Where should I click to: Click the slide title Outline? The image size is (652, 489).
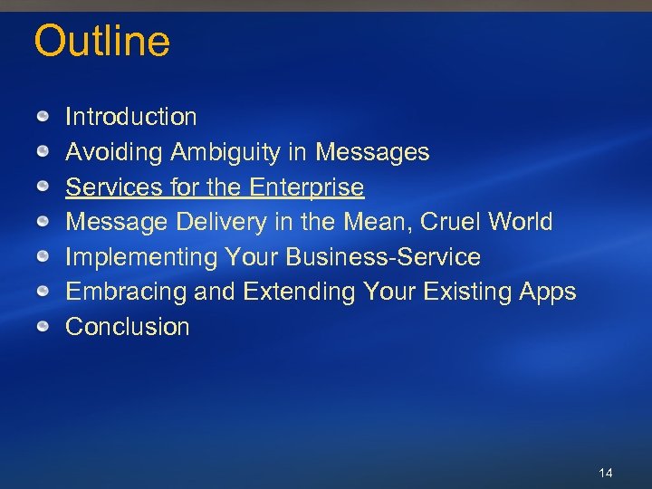(x=101, y=43)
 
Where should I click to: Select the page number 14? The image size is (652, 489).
(x=606, y=474)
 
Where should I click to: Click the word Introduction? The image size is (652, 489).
(x=130, y=117)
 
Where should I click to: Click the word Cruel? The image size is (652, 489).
(x=451, y=222)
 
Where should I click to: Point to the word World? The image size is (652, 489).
(x=520, y=222)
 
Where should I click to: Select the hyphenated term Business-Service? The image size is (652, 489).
(x=383, y=257)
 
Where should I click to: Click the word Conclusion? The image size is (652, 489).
(x=128, y=327)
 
